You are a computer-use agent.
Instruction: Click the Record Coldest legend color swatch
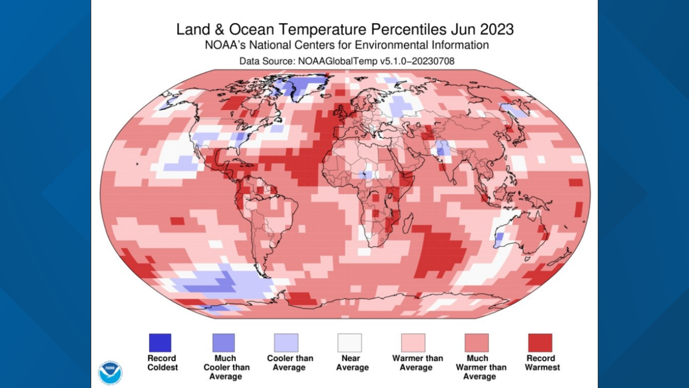160,343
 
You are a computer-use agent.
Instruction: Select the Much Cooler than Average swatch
223,343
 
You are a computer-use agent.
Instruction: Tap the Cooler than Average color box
286,343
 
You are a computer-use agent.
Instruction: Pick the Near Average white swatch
350,343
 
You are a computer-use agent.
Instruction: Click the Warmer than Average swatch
413,343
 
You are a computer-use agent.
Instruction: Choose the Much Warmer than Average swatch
477,343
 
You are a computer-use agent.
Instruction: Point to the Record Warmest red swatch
540,343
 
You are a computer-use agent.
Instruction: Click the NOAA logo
110,373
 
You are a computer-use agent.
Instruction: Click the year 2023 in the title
497,29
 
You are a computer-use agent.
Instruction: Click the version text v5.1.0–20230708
417,61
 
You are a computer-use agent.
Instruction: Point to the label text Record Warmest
542,363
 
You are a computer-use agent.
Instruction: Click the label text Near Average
352,363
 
